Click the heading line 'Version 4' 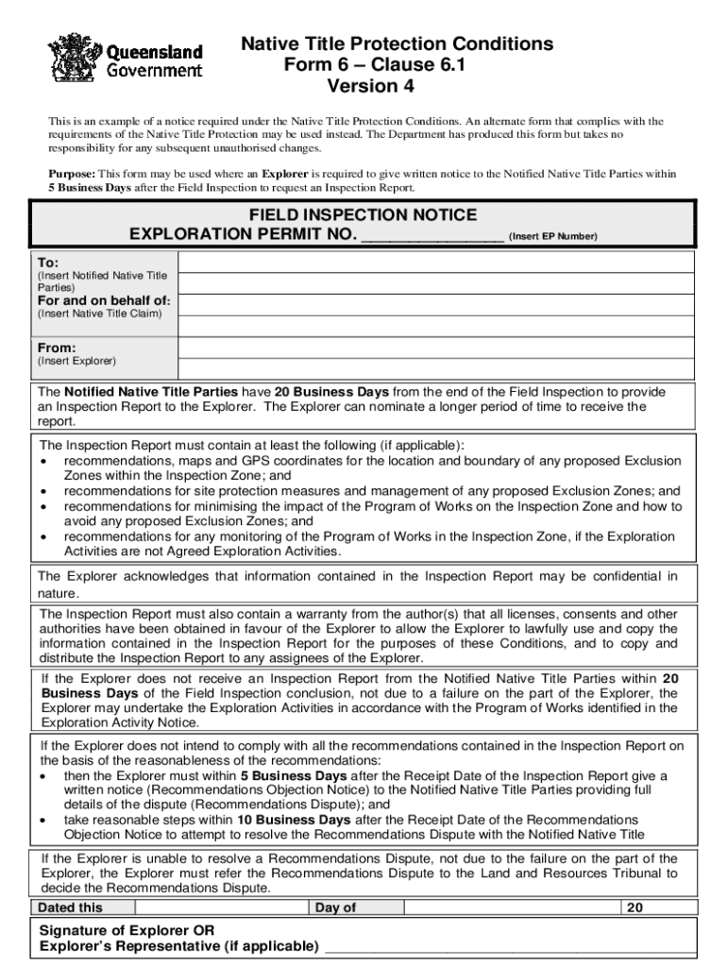point(370,87)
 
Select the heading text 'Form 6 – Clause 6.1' point(375,65)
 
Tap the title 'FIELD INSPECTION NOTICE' point(363,215)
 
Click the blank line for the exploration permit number point(432,236)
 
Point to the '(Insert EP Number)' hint point(552,237)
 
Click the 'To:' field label point(48,262)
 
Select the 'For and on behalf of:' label point(104,300)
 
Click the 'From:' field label point(57,348)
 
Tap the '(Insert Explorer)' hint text point(76,362)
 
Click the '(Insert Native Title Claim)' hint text point(99,314)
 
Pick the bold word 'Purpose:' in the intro point(72,175)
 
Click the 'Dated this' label point(70,908)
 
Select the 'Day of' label point(335,908)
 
